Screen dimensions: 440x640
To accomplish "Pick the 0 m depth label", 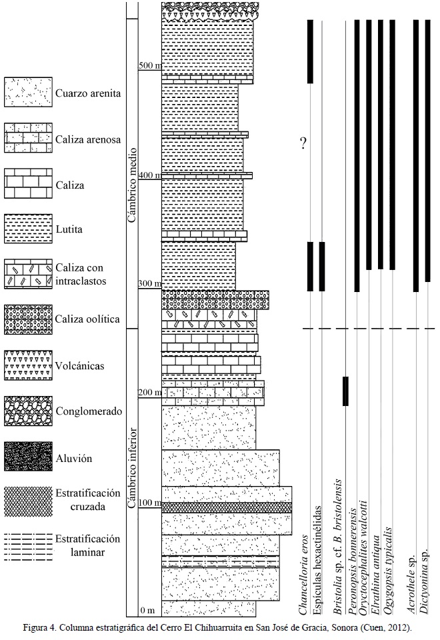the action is pos(149,611).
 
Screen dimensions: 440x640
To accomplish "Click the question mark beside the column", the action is pos(303,142).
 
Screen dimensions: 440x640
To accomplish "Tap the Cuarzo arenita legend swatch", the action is pos(28,91).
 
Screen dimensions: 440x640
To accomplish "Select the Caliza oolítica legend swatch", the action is pos(28,318).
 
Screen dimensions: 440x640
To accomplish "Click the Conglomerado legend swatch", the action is pos(28,411).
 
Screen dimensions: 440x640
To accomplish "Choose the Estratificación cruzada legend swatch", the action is pos(28,500).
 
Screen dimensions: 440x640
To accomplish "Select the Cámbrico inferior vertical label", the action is pos(132,467).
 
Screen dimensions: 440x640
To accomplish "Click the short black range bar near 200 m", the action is pos(345,391).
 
